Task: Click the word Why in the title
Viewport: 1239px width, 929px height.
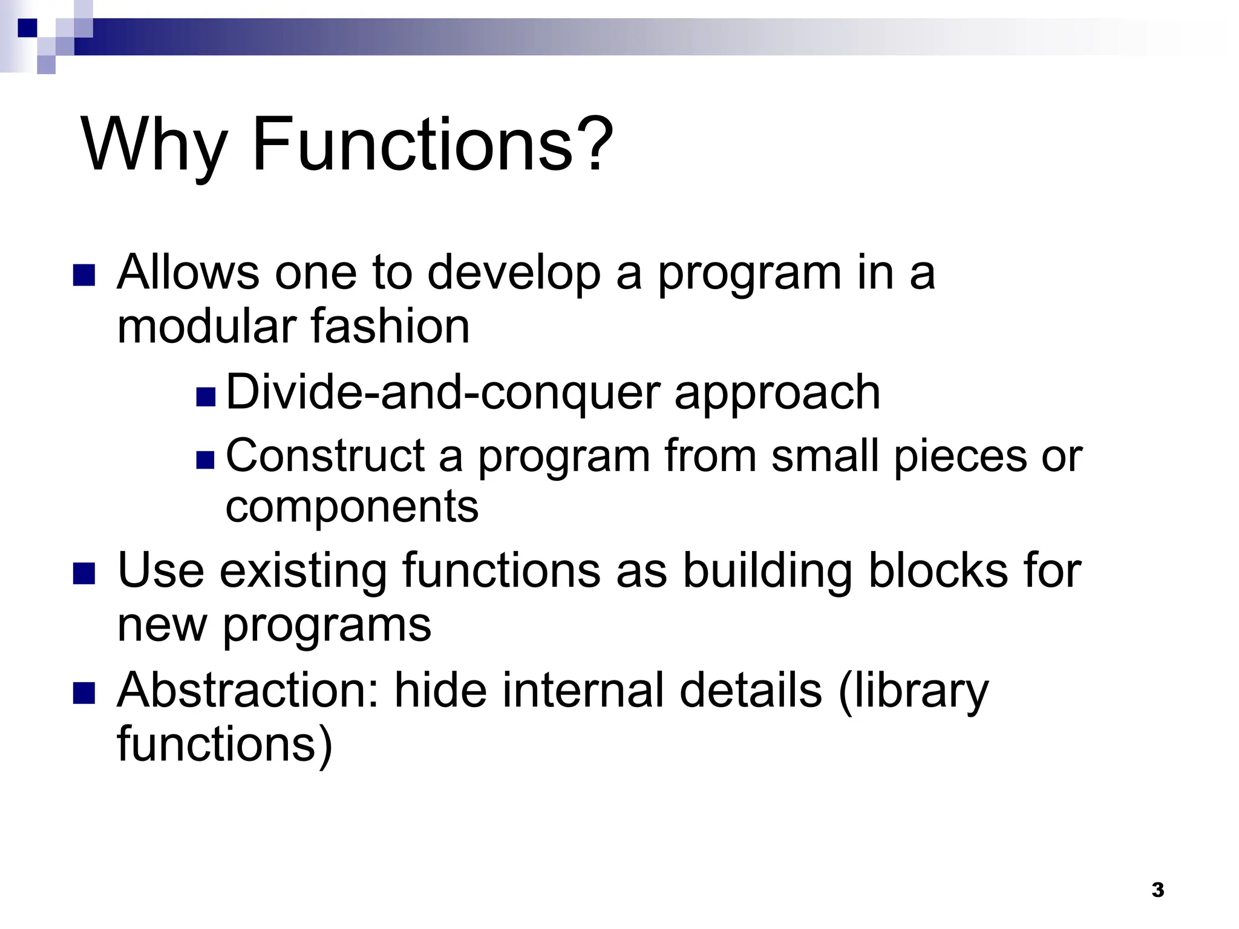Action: tap(154, 145)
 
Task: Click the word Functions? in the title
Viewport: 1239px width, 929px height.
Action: tap(432, 145)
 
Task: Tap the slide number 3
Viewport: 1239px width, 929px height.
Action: tap(1157, 890)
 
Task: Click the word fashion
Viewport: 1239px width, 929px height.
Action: tap(390, 327)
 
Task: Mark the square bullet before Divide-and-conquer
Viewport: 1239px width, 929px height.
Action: tap(206, 397)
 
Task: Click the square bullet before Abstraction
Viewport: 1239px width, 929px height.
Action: tap(84, 694)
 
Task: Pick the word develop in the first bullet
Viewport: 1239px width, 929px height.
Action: tap(514, 273)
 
